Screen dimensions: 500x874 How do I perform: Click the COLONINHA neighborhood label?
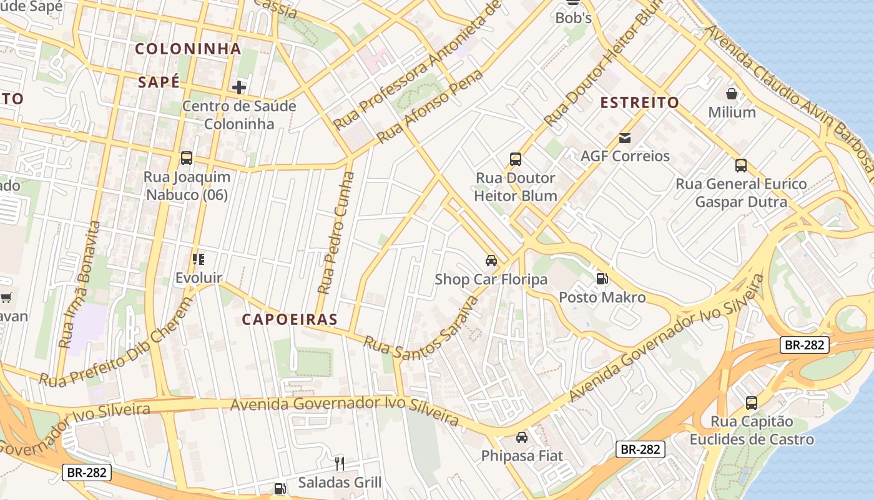pyautogui.click(x=188, y=49)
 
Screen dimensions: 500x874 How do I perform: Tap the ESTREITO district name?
pyautogui.click(x=639, y=103)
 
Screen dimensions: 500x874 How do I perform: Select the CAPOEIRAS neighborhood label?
pyautogui.click(x=290, y=319)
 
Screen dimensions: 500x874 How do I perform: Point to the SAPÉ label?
pyautogui.click(x=159, y=82)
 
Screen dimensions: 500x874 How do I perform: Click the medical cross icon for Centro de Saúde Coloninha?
pyautogui.click(x=238, y=87)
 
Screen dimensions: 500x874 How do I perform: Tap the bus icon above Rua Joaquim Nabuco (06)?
pyautogui.click(x=186, y=158)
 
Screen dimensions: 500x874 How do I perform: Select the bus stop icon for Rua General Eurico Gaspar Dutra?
pyautogui.click(x=741, y=166)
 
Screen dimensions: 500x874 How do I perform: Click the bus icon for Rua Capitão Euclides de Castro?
pyautogui.click(x=752, y=403)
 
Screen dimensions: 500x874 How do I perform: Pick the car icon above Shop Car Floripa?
pyautogui.click(x=491, y=261)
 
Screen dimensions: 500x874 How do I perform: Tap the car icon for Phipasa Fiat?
pyautogui.click(x=522, y=437)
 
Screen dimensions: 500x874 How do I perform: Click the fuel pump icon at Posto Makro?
pyautogui.click(x=602, y=279)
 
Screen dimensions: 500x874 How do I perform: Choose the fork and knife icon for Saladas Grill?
pyautogui.click(x=340, y=463)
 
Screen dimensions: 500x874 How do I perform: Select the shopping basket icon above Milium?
pyautogui.click(x=732, y=94)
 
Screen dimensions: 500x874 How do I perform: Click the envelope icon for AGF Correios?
pyautogui.click(x=625, y=137)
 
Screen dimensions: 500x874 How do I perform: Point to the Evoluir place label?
pyautogui.click(x=199, y=277)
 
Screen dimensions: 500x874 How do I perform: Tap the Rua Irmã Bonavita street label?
pyautogui.click(x=79, y=284)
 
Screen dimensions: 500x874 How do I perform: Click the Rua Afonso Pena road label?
pyautogui.click(x=431, y=106)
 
